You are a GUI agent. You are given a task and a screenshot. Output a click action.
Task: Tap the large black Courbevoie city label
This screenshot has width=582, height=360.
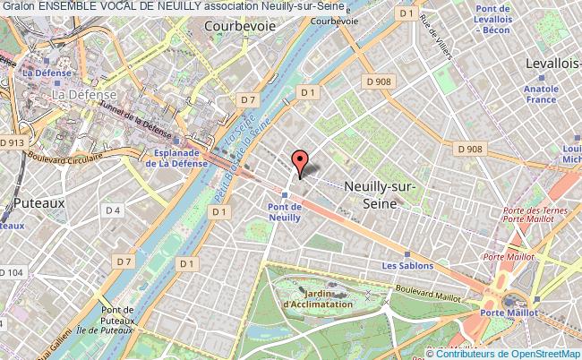click(239, 28)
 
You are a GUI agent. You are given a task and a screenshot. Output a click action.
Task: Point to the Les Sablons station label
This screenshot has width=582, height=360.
click(407, 266)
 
